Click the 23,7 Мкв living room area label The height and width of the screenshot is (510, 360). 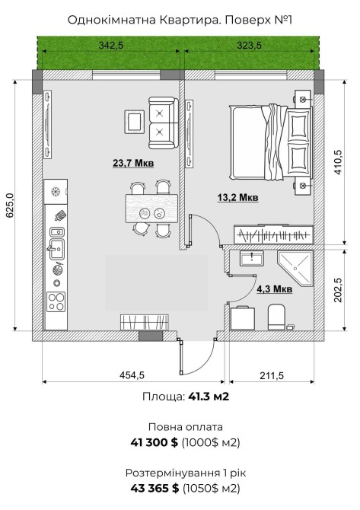pos(133,163)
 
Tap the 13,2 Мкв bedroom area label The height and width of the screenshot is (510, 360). pos(237,197)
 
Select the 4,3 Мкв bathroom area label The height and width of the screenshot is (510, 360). pos(275,288)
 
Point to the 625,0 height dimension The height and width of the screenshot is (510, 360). pos(9,206)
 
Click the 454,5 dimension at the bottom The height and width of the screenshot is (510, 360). pos(132,375)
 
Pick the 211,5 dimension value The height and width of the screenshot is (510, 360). pos(272,376)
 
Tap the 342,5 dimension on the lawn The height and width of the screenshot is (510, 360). pos(111,45)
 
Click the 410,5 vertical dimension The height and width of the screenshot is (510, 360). pos(338,162)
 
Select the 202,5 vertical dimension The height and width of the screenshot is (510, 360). pos(338,290)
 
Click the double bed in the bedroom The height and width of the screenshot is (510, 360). pos(271,142)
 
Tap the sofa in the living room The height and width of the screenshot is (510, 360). pos(163,123)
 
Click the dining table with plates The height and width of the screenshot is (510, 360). pos(151,208)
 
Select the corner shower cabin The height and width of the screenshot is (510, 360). pos(295,269)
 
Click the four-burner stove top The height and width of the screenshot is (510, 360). pos(56,302)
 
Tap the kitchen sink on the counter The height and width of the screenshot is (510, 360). pos(56,249)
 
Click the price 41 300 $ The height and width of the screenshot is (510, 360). pos(155,442)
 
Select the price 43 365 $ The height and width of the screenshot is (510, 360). pos(155,488)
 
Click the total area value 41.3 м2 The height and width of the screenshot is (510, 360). pos(209,397)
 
